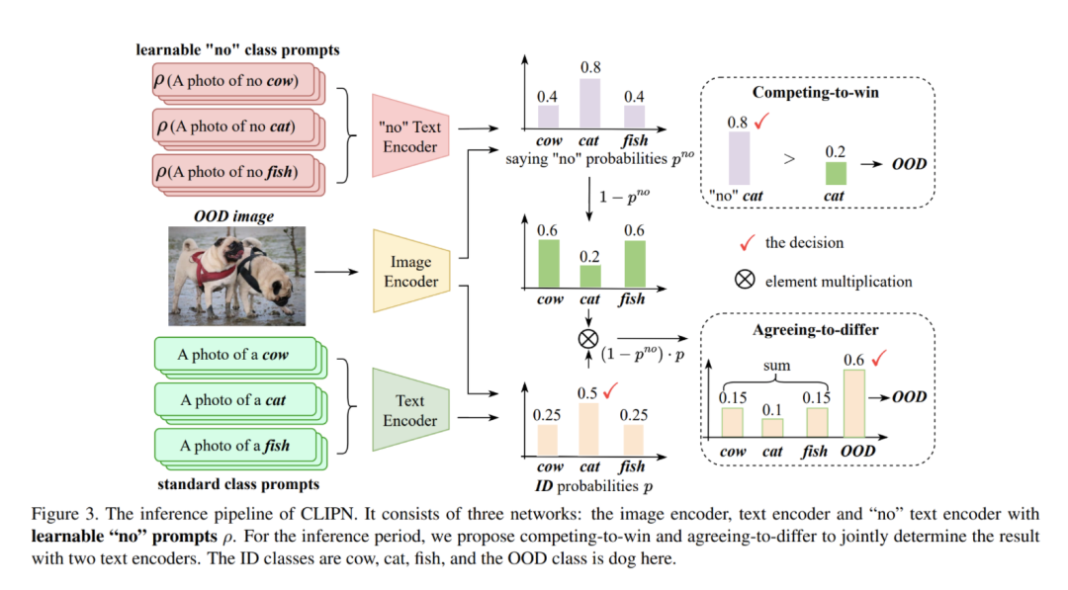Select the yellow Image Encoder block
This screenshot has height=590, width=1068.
[409, 268]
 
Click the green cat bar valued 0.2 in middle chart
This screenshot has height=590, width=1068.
[590, 276]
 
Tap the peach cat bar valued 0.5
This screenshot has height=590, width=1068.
[590, 427]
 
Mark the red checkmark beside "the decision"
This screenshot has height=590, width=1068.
[748, 241]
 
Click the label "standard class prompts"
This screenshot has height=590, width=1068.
[238, 485]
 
